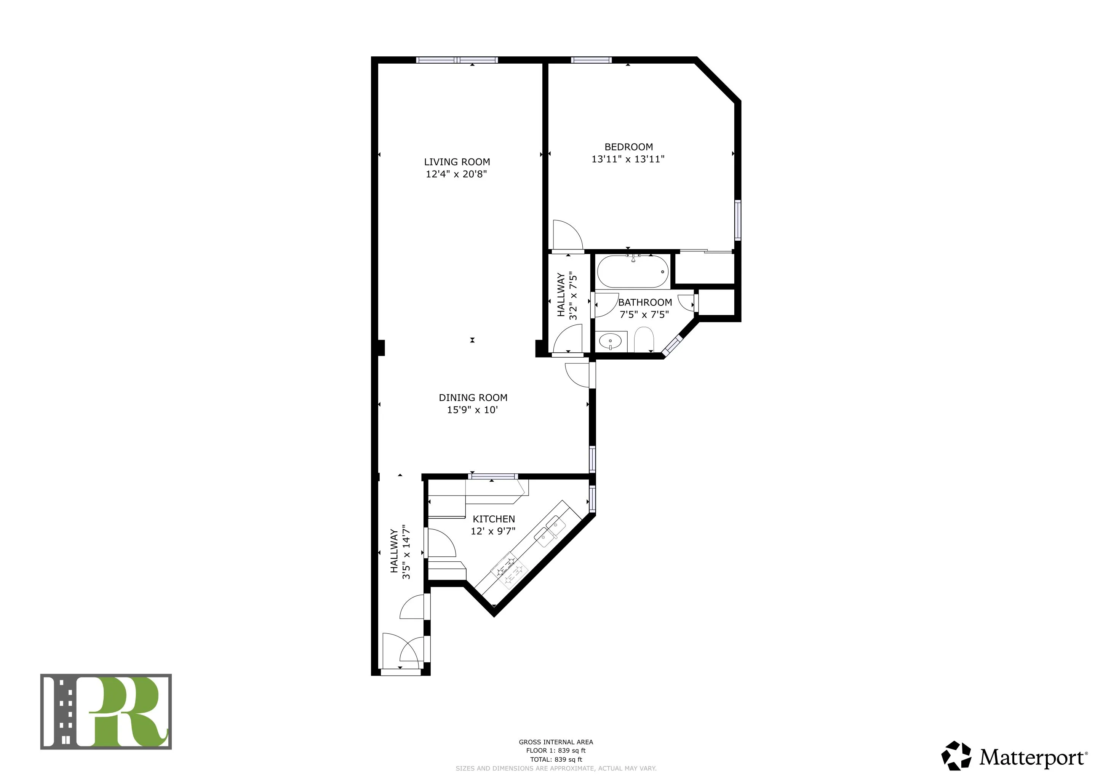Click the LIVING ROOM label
click(457, 162)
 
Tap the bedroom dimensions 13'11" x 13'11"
click(628, 159)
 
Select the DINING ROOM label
click(473, 398)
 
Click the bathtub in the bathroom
click(632, 272)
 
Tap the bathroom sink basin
click(610, 342)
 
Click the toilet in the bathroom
click(644, 340)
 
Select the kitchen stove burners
click(510, 571)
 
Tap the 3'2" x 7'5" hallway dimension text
click(572, 296)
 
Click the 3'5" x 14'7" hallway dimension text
click(406, 552)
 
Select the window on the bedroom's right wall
click(737, 221)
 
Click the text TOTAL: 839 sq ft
click(556, 759)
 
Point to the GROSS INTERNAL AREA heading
click(556, 742)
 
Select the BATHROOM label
click(645, 302)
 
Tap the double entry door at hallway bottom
click(403, 654)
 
